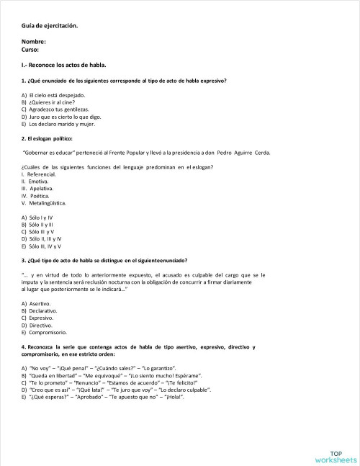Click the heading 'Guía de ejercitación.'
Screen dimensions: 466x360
click(x=50, y=27)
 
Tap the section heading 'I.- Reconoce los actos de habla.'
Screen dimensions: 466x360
click(x=64, y=65)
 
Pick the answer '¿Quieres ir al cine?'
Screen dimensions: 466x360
click(x=52, y=102)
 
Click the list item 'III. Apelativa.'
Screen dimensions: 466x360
click(x=42, y=188)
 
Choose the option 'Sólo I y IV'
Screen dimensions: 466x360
click(x=41, y=217)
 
